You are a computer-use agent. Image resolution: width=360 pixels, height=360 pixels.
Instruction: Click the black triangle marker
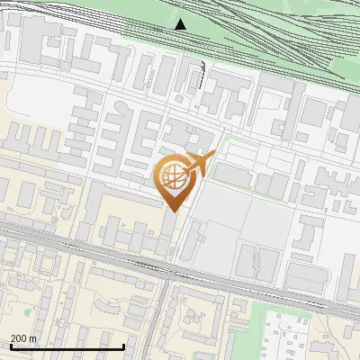pyautogui.click(x=181, y=24)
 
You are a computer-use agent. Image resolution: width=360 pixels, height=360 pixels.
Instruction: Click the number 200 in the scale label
pyautogui.click(x=19, y=338)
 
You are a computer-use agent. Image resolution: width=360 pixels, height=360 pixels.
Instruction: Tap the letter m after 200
pyautogui.click(x=32, y=338)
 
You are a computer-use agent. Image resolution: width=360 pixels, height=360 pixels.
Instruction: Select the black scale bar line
pyautogui.click(x=67, y=346)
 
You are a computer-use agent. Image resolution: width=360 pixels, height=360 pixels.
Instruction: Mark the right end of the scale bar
pyautogui.click(x=123, y=346)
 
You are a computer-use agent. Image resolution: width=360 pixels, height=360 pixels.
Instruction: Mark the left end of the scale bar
pyautogui.click(x=10, y=346)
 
